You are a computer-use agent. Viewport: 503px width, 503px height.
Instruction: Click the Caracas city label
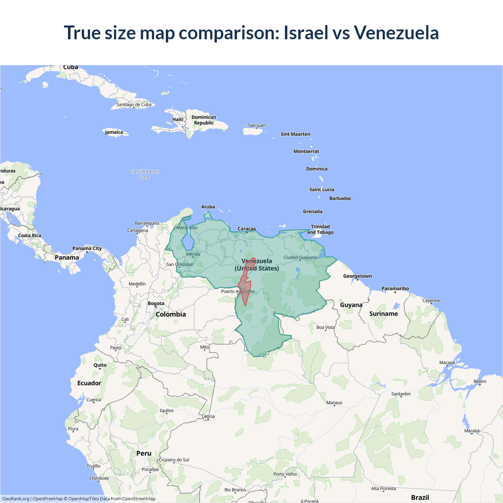click(247, 229)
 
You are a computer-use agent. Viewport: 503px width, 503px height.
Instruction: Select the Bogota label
click(156, 303)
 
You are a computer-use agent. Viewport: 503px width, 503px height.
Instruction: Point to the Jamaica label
click(114, 132)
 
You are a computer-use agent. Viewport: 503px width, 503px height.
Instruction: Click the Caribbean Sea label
click(145, 174)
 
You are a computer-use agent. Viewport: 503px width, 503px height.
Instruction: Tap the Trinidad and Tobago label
click(320, 229)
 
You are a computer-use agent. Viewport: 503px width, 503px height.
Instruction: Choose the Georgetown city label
click(357, 276)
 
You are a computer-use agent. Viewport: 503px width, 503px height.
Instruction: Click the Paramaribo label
click(395, 288)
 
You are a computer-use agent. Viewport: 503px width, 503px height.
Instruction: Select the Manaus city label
click(334, 402)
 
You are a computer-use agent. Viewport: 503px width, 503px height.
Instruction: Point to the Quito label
click(100, 365)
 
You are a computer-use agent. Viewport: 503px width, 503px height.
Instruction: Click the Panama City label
click(87, 248)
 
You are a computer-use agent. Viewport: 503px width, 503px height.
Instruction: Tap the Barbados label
click(340, 198)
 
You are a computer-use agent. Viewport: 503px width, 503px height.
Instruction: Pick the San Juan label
click(257, 125)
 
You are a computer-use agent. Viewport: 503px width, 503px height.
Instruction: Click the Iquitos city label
click(167, 410)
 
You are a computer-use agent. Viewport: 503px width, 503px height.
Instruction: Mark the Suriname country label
click(384, 314)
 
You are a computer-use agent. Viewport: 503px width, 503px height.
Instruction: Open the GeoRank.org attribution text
click(16, 499)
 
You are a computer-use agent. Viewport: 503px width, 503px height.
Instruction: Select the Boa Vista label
click(325, 327)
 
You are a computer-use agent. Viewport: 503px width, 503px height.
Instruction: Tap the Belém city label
click(480, 381)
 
